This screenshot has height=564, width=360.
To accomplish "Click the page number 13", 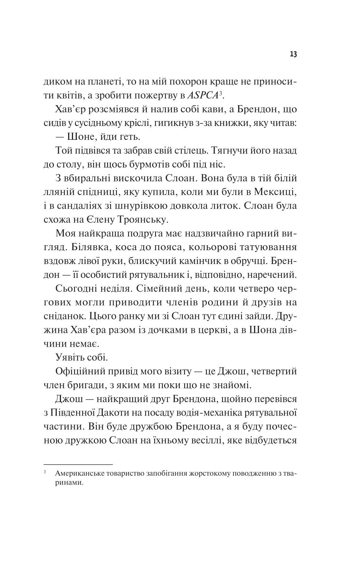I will pos(293,55).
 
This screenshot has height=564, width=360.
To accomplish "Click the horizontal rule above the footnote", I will pos(78,464).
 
